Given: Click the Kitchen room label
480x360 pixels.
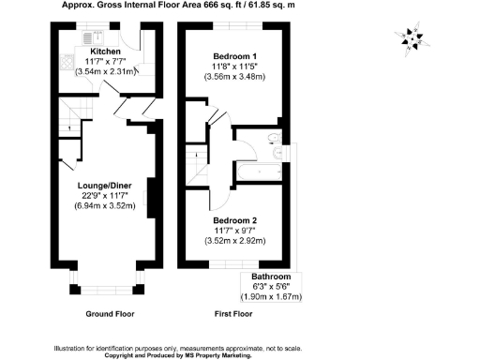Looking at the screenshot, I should point(105,51).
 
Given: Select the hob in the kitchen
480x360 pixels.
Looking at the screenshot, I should point(68,66).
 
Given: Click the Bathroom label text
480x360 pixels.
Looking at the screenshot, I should point(270,277).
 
